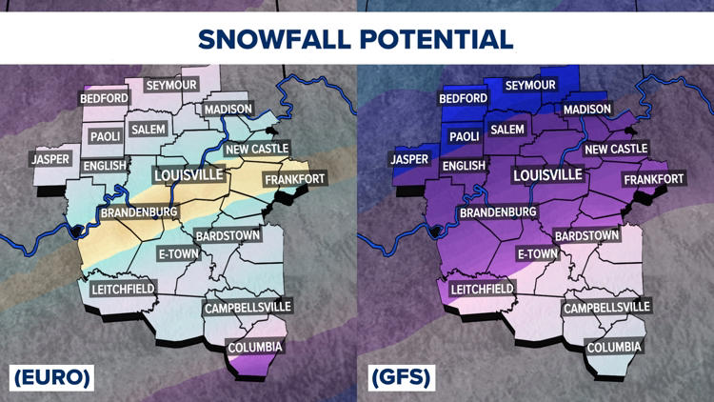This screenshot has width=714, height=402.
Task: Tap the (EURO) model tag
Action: pyautogui.click(x=52, y=377)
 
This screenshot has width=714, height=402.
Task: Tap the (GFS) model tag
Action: pyautogui.click(x=400, y=377)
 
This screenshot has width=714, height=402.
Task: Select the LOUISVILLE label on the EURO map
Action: pyautogui.click(x=188, y=175)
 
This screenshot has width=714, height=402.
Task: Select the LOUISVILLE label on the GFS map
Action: pyautogui.click(x=547, y=175)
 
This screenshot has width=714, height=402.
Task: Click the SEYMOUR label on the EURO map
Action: pyautogui.click(x=171, y=86)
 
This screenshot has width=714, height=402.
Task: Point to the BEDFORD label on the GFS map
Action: pyautogui.click(x=464, y=98)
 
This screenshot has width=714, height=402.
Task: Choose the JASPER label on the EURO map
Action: pyautogui.click(x=51, y=159)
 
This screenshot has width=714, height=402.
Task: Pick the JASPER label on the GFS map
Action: pyautogui.click(x=410, y=159)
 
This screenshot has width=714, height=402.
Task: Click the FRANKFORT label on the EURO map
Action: pyautogui.click(x=295, y=179)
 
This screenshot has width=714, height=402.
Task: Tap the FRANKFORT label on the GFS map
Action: pyautogui.click(x=654, y=179)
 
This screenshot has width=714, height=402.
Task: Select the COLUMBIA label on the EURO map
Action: pyautogui.click(x=255, y=348)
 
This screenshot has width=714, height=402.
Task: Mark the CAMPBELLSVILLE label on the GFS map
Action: pyautogui.click(x=606, y=308)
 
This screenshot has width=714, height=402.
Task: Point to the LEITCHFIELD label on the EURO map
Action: pyautogui.click(x=123, y=289)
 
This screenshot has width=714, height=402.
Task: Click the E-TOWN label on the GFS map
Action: pyautogui.click(x=538, y=254)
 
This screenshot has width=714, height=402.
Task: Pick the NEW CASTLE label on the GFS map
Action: pyautogui.click(x=616, y=149)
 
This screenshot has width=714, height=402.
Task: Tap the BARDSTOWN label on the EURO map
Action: pyautogui.click(x=228, y=235)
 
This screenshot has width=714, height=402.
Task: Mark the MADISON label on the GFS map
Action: pyautogui.click(x=587, y=110)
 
